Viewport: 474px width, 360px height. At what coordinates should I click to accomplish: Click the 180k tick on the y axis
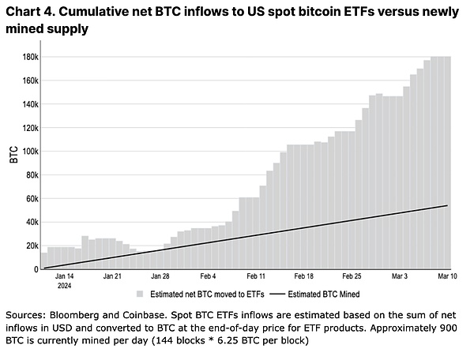(x=29, y=57)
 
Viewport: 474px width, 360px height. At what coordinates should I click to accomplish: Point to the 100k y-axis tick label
(x=29, y=151)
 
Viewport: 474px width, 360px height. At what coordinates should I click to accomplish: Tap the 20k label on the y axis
(x=32, y=246)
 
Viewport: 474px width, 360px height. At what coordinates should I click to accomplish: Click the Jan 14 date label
(x=65, y=277)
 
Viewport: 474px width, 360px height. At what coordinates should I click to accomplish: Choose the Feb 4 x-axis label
(x=208, y=277)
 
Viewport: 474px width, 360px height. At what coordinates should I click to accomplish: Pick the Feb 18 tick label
(x=305, y=277)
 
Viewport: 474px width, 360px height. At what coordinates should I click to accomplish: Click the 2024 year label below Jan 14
(x=65, y=286)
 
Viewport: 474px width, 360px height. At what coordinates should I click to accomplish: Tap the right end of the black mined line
(x=448, y=205)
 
